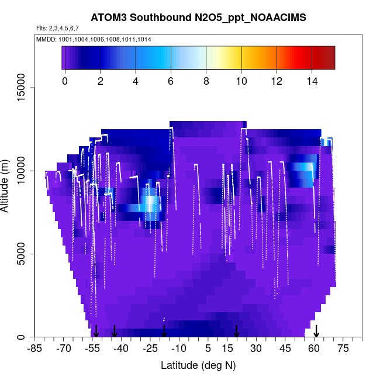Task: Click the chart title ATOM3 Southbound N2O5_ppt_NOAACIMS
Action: pos(198,19)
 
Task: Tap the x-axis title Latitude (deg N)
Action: pos(198,365)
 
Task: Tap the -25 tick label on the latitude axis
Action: pos(150,349)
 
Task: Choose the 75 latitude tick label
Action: pos(343,349)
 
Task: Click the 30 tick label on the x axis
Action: pos(256,349)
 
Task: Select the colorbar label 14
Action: pos(312,81)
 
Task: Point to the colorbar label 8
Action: pos(206,81)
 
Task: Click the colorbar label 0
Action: pos(65,81)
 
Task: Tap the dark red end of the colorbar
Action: pos(329,58)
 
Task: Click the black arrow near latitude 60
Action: pos(316,331)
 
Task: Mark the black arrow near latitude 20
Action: pos(236,331)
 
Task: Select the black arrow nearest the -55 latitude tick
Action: pos(96,331)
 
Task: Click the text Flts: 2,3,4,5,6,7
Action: pos(57,29)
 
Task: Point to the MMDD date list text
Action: pos(94,39)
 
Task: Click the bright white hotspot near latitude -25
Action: pos(151,203)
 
